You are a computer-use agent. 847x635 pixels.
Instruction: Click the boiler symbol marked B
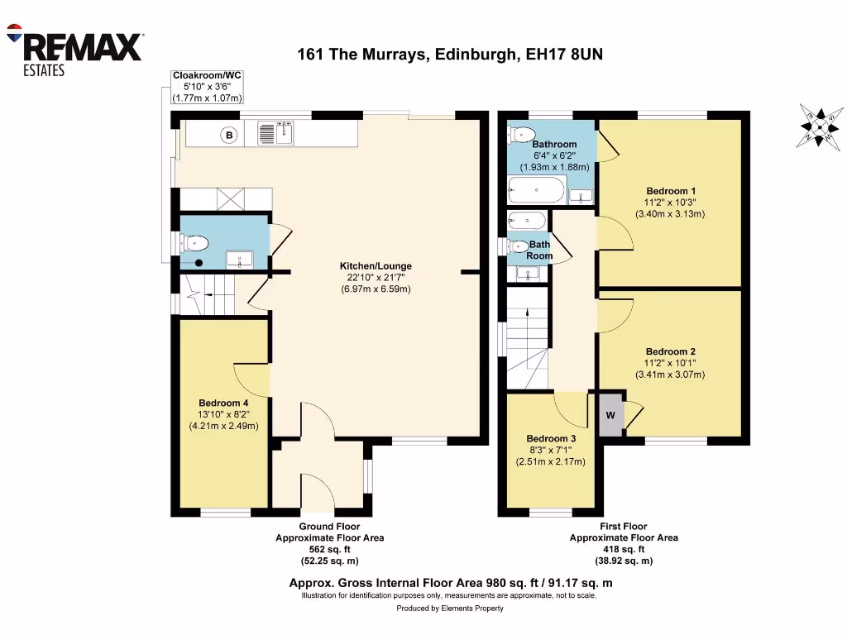pyautogui.click(x=230, y=134)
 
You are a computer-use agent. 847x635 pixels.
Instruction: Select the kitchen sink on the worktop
pyautogui.click(x=275, y=133)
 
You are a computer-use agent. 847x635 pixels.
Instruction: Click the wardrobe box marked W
pyautogui.click(x=610, y=415)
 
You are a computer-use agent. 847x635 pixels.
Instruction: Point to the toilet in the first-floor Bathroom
pyautogui.click(x=522, y=134)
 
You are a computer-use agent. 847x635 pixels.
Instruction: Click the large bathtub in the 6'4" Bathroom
pyautogui.click(x=537, y=192)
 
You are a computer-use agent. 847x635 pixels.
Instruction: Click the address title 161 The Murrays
pyautogui.click(x=451, y=55)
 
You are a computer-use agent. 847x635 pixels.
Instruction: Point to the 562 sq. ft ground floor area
pyautogui.click(x=329, y=549)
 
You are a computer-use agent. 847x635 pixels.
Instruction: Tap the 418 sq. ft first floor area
pyautogui.click(x=624, y=549)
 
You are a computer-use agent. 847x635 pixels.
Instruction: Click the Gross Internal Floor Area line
pyautogui.click(x=450, y=583)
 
